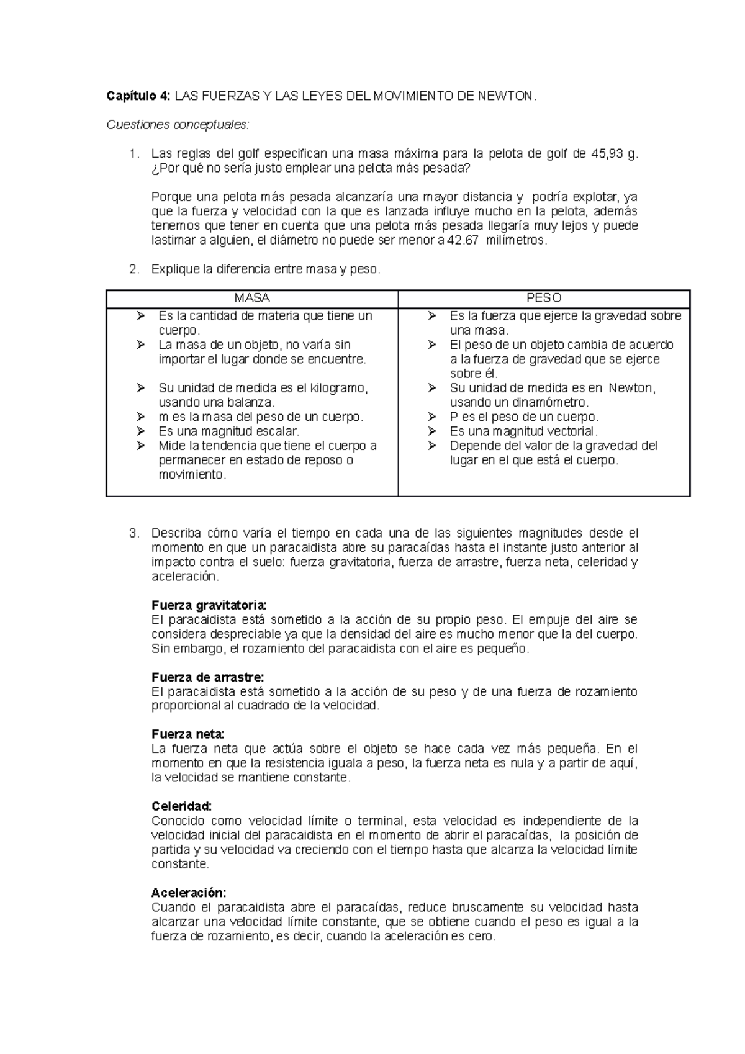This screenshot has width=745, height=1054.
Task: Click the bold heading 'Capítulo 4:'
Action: point(137,96)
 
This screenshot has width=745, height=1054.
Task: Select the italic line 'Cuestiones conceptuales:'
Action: point(178,125)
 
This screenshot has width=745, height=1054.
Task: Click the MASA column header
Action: point(251,298)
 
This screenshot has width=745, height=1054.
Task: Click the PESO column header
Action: point(544,298)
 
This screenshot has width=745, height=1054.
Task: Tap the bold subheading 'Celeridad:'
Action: point(182,806)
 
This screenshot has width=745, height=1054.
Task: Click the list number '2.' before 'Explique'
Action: point(133,269)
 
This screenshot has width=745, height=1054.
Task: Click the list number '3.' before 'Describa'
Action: point(133,533)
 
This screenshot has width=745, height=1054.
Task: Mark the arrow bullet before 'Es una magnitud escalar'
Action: point(141,431)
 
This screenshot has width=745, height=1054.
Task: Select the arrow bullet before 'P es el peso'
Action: point(432,417)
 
